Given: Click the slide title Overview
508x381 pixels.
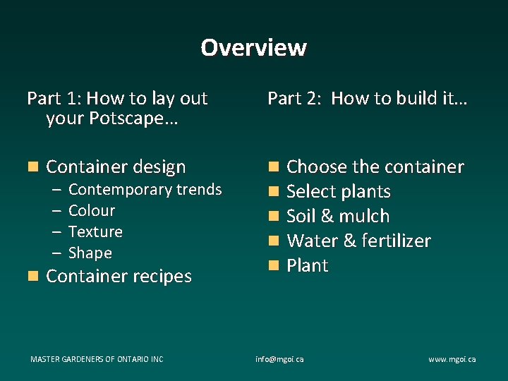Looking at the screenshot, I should point(253,47).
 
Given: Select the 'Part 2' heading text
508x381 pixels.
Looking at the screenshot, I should point(367,99).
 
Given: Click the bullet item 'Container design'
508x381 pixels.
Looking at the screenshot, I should point(116,167).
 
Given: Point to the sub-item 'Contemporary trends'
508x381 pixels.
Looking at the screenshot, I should point(145,190).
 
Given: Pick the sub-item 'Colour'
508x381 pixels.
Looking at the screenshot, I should point(92,211).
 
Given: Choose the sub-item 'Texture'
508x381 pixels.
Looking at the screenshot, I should point(95,232).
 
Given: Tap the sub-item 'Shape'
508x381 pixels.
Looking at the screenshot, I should point(90,253).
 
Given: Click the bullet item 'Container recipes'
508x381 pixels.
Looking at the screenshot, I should point(119,277).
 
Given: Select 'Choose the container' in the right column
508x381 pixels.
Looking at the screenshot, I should point(375,167).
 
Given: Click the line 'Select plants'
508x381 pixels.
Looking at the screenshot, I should point(339,192).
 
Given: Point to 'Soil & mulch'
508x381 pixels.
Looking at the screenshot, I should point(338,217).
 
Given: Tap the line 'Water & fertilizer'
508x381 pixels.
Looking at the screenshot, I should point(358,241).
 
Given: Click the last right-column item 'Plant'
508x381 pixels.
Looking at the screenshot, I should point(308,266).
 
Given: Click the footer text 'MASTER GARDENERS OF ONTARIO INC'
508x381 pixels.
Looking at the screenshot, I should point(97,359).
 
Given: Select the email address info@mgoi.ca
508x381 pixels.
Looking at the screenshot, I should point(279,359).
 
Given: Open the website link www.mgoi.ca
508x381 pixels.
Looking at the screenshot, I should point(452,359).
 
